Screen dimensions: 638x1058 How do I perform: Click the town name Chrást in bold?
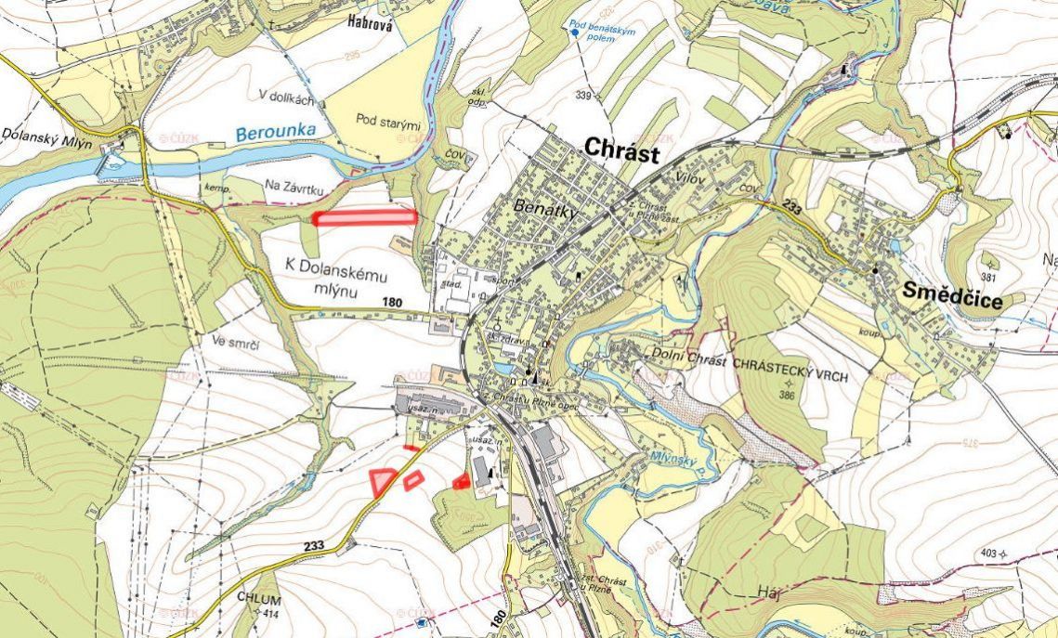click(621, 150)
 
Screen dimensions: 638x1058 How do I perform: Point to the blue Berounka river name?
click(276, 132)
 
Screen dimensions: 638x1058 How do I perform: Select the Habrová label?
click(370, 25)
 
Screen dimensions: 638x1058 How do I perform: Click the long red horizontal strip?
click(364, 217)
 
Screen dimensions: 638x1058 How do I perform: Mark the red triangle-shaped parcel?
click(382, 480)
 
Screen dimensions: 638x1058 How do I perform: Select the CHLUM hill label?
click(258, 599)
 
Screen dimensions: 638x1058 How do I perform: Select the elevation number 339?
click(583, 96)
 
